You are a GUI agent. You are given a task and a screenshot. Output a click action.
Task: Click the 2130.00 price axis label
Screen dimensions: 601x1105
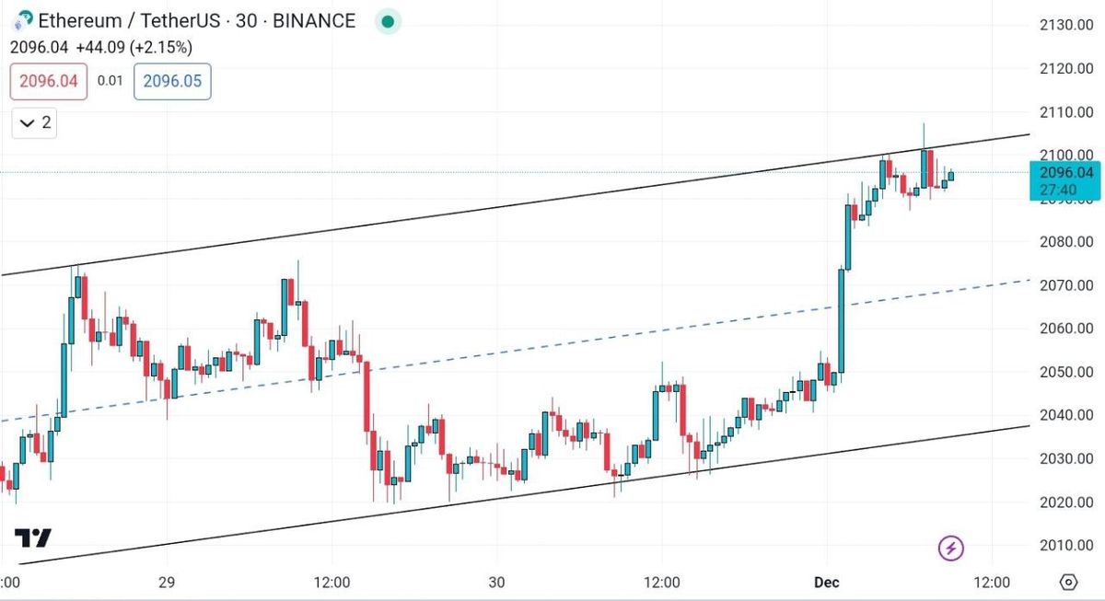1066,25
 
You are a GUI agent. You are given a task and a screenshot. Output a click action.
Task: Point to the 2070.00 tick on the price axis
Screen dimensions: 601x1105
1066,285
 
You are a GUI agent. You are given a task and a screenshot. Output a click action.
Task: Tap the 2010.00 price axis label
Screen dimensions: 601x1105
1066,545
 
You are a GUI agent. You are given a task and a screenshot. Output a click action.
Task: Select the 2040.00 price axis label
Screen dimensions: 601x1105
1066,415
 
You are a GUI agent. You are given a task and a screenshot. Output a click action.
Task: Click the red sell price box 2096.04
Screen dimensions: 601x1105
49,81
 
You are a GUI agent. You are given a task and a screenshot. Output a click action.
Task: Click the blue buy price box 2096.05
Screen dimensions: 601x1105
172,81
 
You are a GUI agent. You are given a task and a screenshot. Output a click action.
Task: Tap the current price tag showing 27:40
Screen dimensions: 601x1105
1065,181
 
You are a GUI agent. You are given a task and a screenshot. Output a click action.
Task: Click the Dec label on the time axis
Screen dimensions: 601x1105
827,583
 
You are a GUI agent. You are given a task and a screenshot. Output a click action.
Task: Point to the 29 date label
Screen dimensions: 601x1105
167,583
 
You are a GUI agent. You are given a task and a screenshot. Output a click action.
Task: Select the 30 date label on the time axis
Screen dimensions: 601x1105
496,583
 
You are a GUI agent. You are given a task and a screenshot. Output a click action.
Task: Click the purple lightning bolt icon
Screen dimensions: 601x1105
951,549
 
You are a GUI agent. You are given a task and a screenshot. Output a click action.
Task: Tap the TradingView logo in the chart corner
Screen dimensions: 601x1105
33,538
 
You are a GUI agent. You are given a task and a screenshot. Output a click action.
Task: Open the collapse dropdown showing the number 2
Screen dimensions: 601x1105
34,122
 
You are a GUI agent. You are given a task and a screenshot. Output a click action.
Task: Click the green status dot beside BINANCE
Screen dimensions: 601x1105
388,21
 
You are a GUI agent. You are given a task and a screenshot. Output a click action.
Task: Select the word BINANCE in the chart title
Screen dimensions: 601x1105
310,21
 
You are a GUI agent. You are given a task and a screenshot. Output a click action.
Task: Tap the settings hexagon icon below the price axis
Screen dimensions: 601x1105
1068,583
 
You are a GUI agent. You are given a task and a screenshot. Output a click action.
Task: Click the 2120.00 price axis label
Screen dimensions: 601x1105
1066,68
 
